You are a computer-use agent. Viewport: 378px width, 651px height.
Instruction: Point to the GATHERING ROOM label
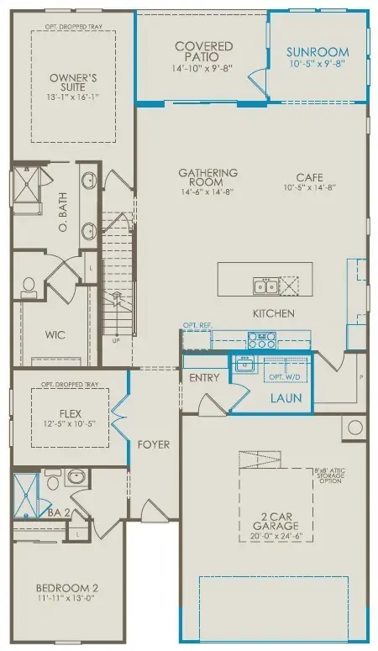point(207,177)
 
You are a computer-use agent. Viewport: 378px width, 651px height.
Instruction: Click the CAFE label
point(311,177)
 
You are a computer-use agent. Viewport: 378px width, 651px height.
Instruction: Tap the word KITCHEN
point(274,313)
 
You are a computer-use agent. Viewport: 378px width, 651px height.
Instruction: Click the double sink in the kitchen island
point(265,286)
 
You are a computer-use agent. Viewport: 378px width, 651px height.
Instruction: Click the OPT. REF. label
point(197,325)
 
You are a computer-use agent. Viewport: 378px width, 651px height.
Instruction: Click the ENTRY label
point(204,378)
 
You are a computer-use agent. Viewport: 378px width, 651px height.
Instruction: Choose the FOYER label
point(154,444)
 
